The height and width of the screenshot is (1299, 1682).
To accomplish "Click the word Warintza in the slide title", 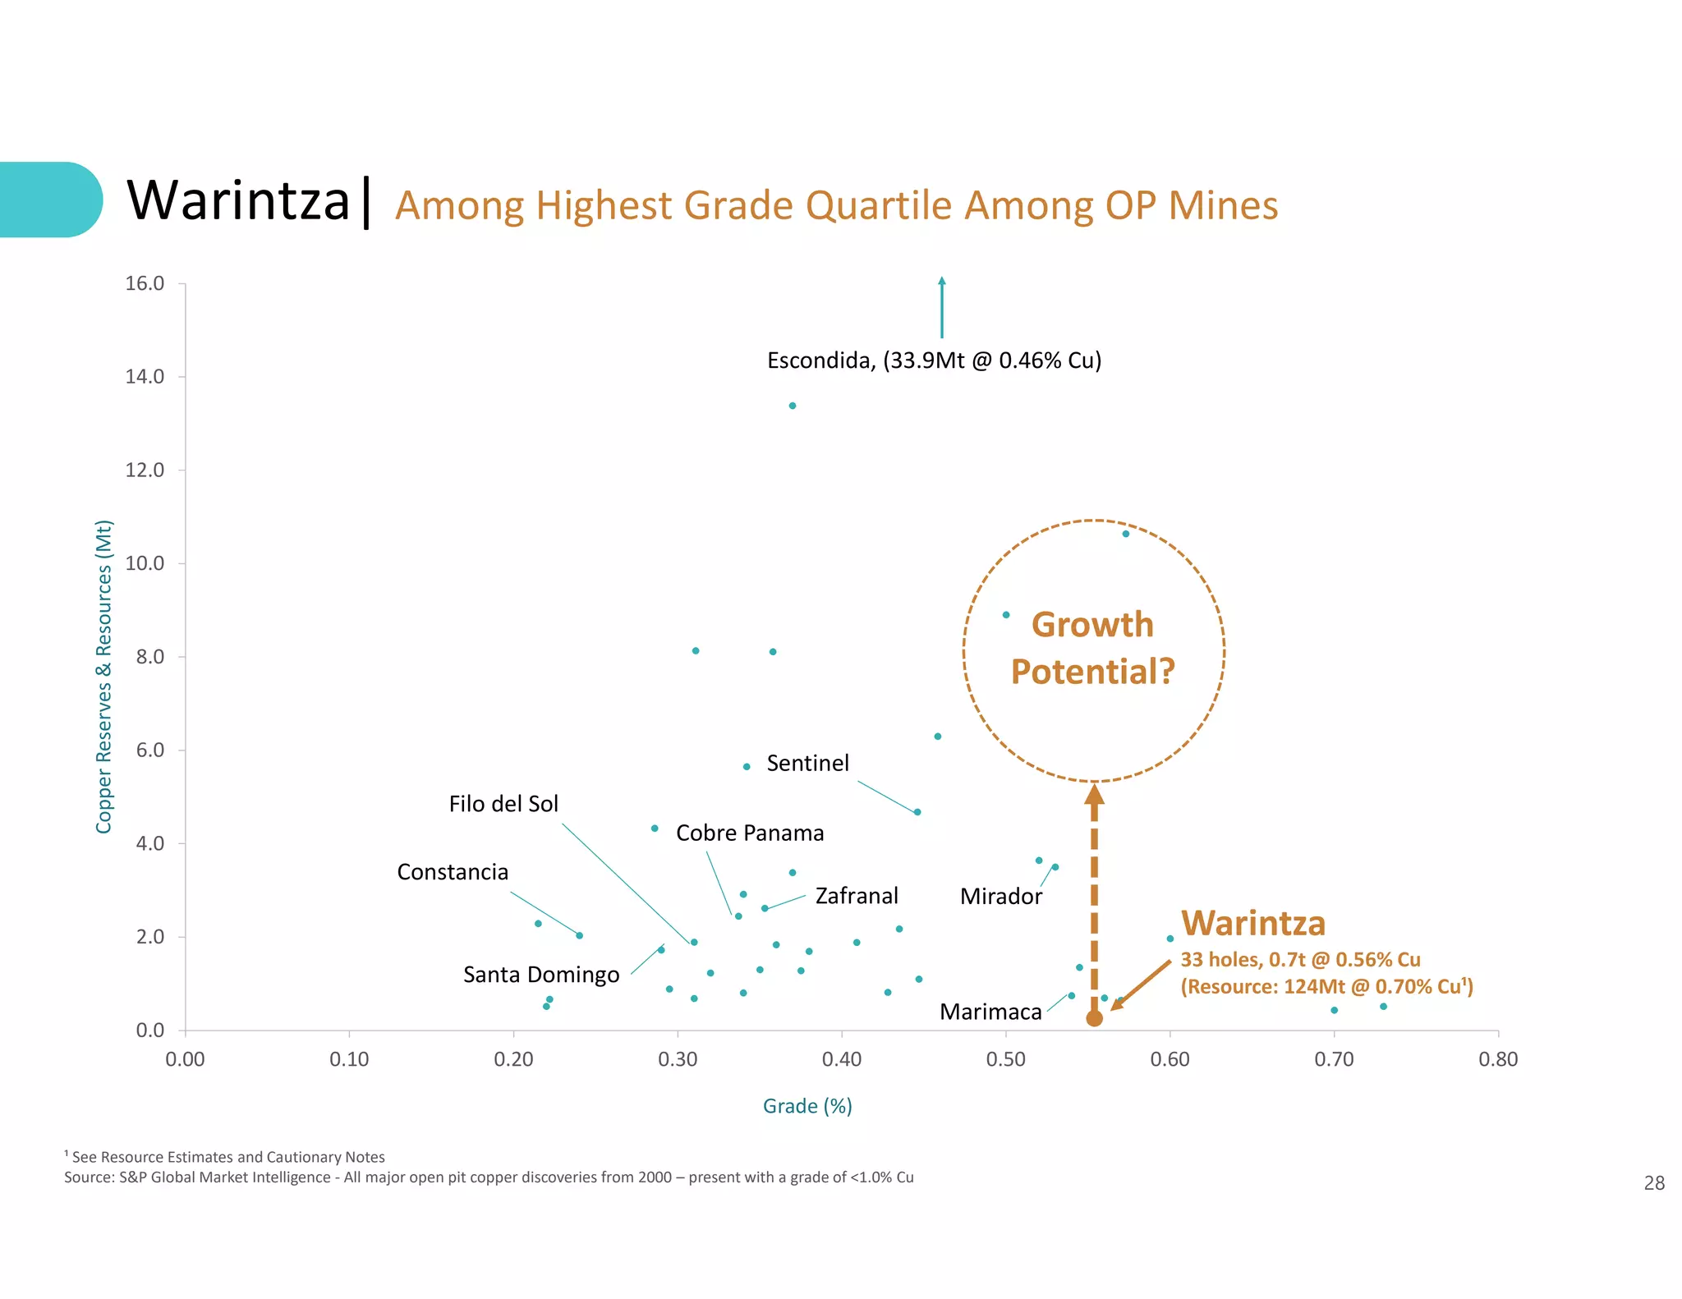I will click(238, 201).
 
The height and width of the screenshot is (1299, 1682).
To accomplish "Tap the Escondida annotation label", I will click(934, 360).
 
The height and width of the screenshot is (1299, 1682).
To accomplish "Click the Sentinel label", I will click(807, 764).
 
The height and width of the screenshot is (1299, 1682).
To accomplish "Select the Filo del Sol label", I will click(503, 804).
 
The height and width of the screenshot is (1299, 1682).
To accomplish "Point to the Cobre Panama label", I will click(749, 833).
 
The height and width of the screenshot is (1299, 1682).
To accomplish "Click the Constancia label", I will click(453, 872).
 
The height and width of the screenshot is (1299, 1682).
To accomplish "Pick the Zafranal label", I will click(857, 896).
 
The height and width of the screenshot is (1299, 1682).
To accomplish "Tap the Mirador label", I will click(1000, 897).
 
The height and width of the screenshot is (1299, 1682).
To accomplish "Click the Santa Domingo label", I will click(541, 975).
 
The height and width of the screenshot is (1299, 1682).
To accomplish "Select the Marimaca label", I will click(990, 1012).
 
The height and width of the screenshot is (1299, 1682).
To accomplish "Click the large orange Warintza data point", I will click(1094, 1019).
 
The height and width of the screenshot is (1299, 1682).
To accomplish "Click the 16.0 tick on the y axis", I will click(145, 284).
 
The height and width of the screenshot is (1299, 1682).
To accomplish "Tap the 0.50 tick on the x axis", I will click(1005, 1059).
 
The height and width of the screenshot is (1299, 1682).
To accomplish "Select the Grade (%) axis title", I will click(807, 1107).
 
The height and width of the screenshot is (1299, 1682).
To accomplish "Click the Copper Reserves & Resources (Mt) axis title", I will click(103, 677).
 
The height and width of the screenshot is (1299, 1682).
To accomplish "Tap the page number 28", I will click(1653, 1183).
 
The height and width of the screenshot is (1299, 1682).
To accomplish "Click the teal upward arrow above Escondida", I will click(942, 307).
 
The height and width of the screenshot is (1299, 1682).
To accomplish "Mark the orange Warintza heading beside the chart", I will click(1252, 924).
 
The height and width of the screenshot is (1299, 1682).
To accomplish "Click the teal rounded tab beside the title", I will click(49, 200).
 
